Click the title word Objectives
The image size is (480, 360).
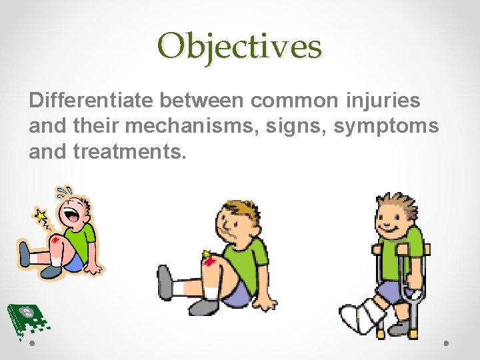click(x=240, y=47)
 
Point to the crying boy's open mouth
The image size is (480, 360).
click(x=69, y=217)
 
